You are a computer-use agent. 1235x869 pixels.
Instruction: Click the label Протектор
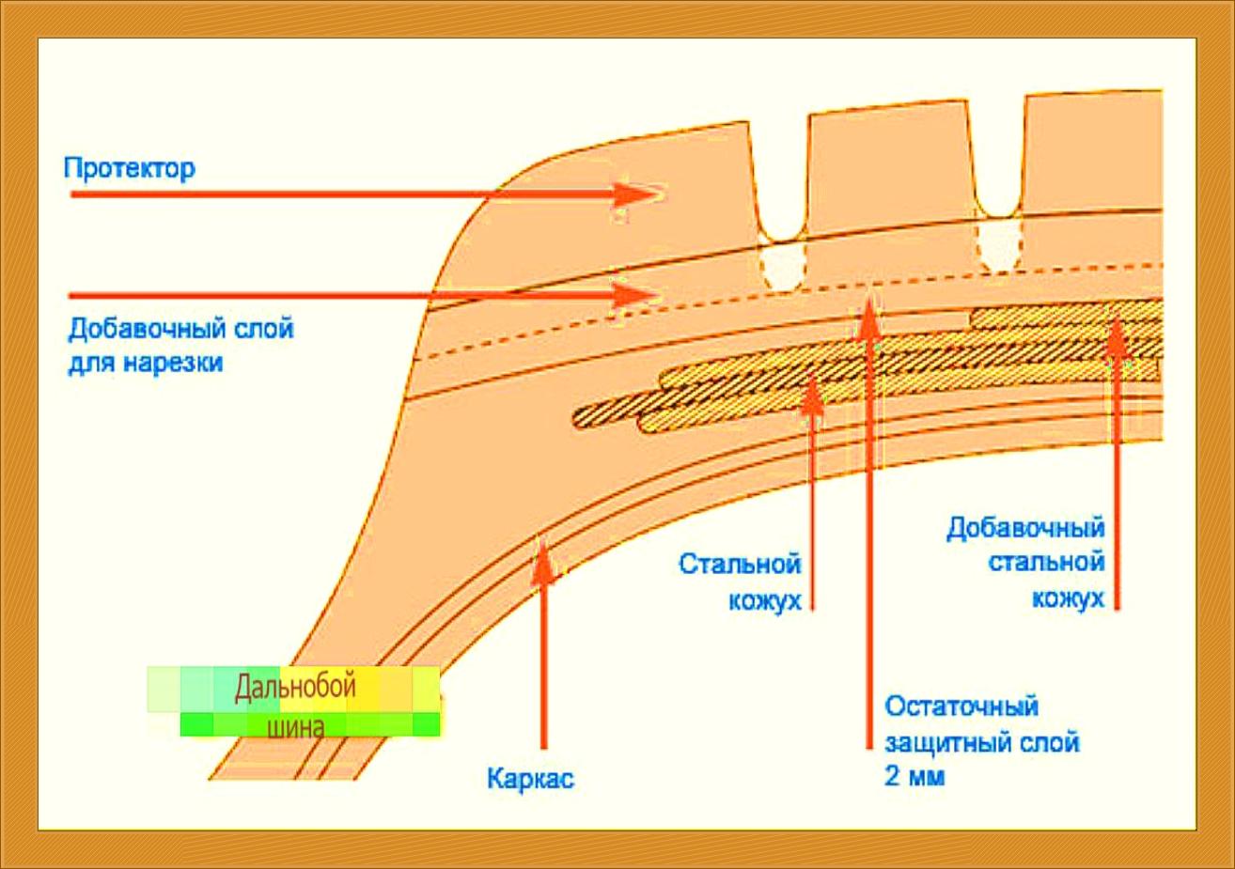pos(130,170)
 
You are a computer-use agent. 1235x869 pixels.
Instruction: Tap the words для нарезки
pos(145,363)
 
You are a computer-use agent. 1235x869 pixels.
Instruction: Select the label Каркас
pos(530,779)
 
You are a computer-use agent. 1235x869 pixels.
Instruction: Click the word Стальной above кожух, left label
pos(740,565)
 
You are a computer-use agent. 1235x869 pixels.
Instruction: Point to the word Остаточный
pos(961,706)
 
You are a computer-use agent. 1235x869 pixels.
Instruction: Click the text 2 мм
pos(915,777)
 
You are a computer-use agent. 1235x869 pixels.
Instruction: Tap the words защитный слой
pos(982,742)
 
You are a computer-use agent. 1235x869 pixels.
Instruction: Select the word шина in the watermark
pos(296,726)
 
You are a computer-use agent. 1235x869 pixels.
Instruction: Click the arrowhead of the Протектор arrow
pos(639,194)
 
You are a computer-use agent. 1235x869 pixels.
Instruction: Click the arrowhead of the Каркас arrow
pos(542,559)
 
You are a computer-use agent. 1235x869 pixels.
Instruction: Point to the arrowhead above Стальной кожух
pos(812,393)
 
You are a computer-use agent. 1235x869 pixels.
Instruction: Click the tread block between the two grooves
pos(888,169)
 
